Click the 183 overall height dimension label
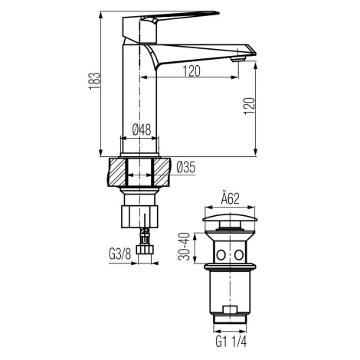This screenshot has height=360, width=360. click(x=94, y=81)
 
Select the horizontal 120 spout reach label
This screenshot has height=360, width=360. click(x=191, y=71)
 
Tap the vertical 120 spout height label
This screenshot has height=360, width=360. click(x=249, y=106)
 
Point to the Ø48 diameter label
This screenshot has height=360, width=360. click(x=142, y=129)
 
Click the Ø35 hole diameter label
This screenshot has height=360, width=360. click(x=186, y=168)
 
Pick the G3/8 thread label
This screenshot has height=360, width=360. click(x=120, y=254)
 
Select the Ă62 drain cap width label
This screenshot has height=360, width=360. click(x=230, y=199)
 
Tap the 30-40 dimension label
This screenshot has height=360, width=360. click(x=184, y=247)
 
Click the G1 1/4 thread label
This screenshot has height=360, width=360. click(x=231, y=342)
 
